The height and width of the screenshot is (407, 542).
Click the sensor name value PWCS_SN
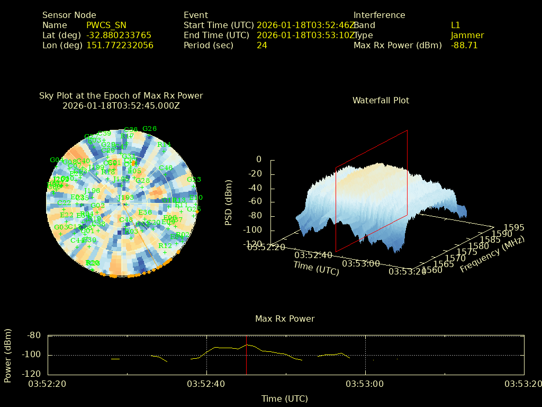pos(106,25)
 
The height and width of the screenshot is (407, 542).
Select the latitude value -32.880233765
pos(119,35)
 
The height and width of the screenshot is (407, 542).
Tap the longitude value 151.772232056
pos(120,45)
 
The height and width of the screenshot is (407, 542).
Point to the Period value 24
pos(262,45)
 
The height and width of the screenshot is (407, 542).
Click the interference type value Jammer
pos(467,35)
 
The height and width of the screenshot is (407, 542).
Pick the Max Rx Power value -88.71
pos(464,45)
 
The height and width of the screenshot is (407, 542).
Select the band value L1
pos(456,25)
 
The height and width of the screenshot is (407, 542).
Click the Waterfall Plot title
pos(381,100)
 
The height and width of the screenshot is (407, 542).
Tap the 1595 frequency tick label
pos(514,227)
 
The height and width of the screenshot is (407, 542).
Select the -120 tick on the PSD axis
pos(251,244)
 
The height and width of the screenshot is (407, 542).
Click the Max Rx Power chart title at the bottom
pos(285,318)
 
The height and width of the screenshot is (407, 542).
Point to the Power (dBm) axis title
pos(8,355)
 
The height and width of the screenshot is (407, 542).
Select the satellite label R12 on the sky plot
pos(165,246)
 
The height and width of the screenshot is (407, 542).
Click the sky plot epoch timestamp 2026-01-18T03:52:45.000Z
pos(121,105)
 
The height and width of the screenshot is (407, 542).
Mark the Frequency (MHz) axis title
pos(492,254)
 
